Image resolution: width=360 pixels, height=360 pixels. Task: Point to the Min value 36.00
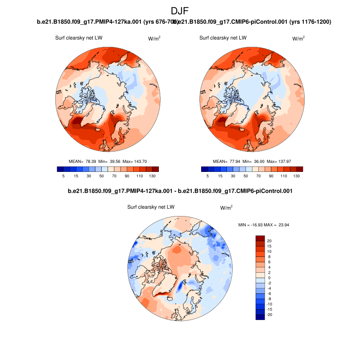(x=258, y=161)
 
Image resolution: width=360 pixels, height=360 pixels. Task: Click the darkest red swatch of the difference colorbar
(x=260, y=238)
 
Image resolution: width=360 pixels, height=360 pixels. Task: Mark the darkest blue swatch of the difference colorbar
(x=260, y=317)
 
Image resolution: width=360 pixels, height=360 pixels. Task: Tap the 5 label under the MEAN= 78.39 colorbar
(x=63, y=176)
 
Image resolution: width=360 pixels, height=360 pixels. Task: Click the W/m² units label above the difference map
(x=226, y=208)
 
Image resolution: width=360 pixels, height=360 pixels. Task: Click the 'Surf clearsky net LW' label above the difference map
(x=151, y=207)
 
